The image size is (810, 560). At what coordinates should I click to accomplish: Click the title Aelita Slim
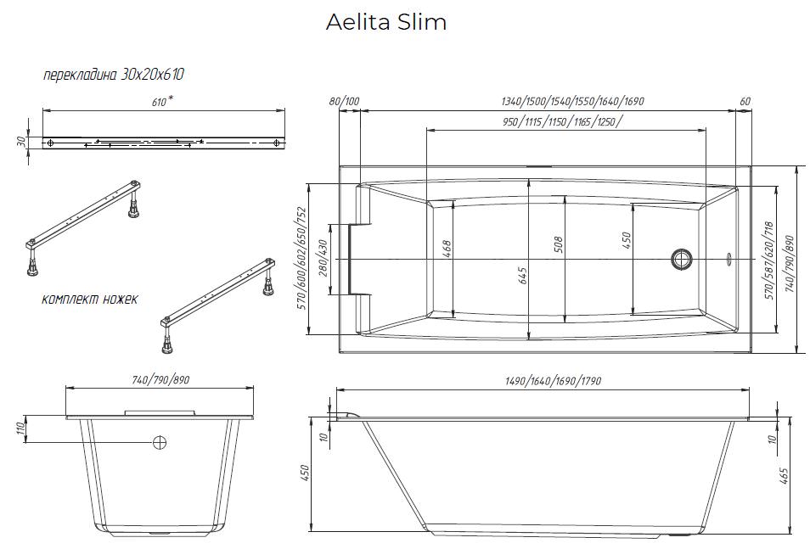(x=386, y=23)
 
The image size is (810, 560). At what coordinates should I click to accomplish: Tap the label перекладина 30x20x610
(x=114, y=75)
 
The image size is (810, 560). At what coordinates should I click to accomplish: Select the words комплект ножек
(x=89, y=300)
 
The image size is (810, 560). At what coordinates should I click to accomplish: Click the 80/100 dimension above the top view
(x=344, y=102)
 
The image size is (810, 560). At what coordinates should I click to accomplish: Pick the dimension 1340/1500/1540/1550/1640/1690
(x=573, y=102)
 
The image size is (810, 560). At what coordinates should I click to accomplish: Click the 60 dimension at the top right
(x=745, y=102)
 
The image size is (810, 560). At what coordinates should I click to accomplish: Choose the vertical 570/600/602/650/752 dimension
(x=301, y=258)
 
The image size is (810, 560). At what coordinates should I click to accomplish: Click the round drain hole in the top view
(x=681, y=258)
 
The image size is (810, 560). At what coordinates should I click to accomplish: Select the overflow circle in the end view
(x=159, y=442)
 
